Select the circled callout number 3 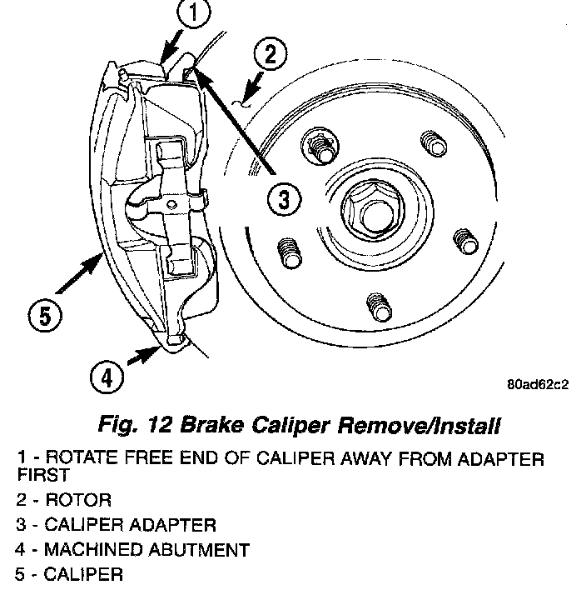pos(283,200)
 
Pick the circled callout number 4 pos(107,378)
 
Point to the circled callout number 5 pos(45,316)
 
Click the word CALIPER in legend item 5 pos(82,574)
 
